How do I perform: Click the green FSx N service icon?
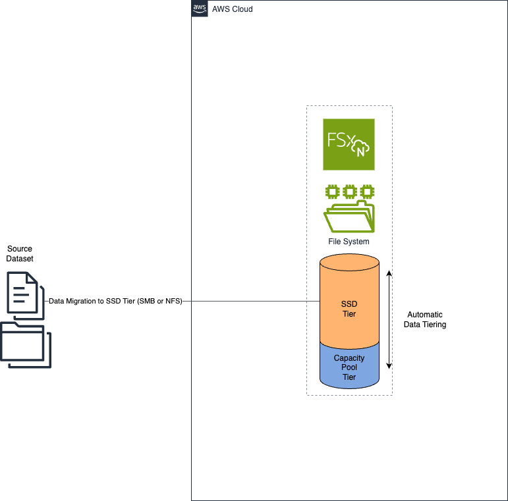[349, 144]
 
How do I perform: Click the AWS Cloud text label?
[231, 9]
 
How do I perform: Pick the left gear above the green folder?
[333, 192]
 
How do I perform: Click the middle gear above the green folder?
[349, 192]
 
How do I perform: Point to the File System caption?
[349, 242]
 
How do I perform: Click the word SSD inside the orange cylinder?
[349, 305]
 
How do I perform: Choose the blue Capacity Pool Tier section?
[349, 369]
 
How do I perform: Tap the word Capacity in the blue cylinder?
[349, 358]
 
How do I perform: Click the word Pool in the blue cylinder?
[349, 367]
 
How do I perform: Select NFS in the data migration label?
[173, 301]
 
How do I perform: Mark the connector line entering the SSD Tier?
[250, 302]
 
